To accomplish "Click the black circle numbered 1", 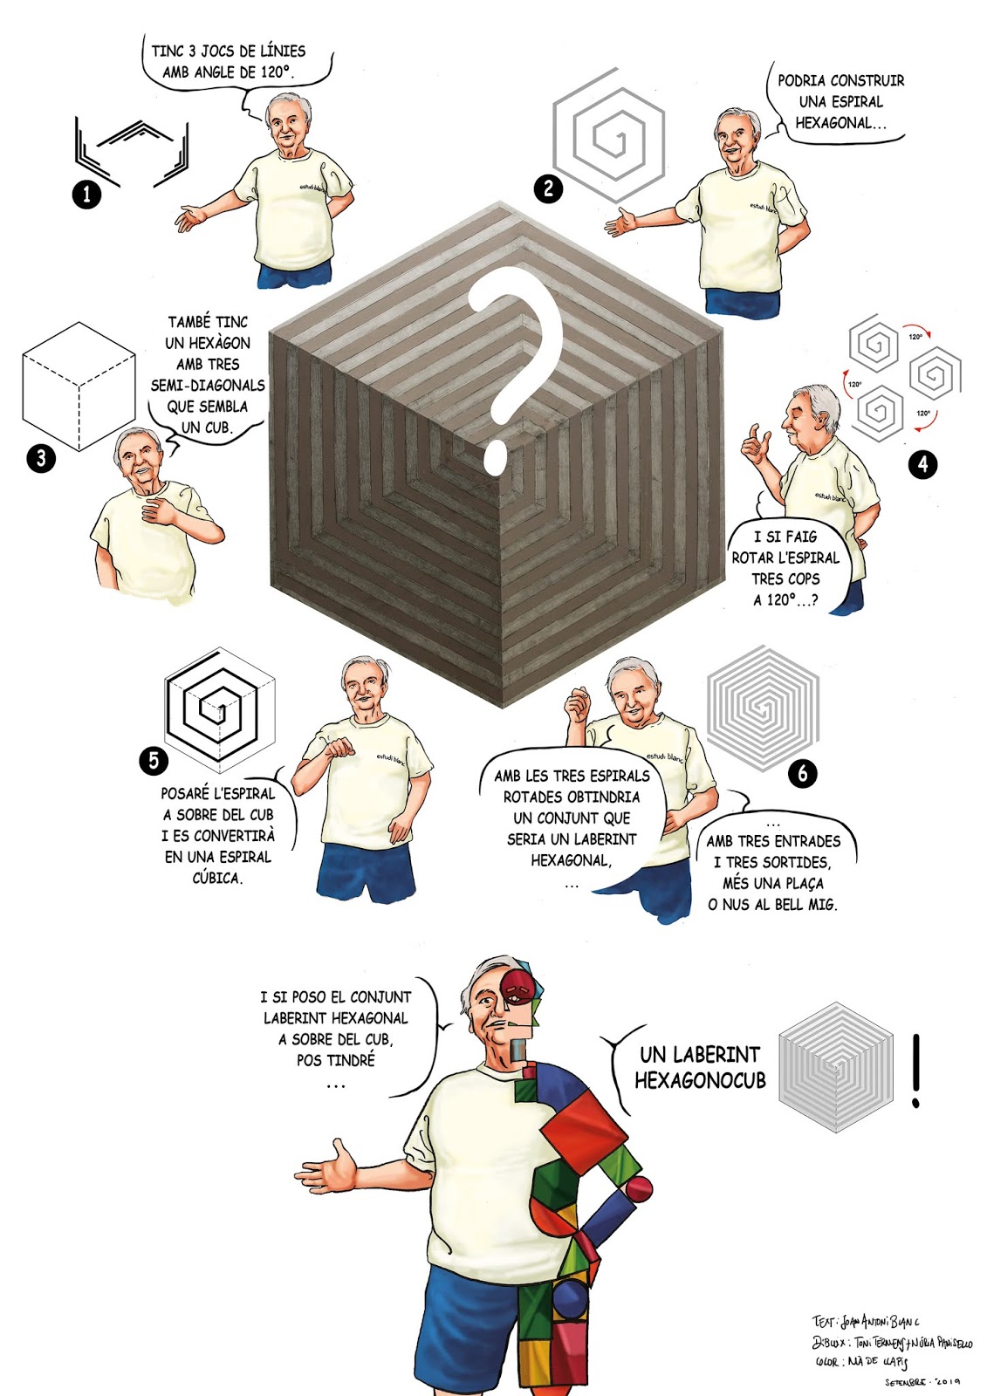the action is (86, 194).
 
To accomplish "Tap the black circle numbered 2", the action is (548, 188).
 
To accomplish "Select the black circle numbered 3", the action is (41, 458).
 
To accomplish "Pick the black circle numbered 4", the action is (923, 463).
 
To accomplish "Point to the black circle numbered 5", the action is (154, 760).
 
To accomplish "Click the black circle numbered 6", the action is (803, 772).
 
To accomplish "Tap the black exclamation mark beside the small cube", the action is (915, 1071).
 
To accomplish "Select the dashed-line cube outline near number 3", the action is (79, 387).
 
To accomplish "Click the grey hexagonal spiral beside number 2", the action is (609, 135).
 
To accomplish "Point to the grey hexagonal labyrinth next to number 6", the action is (763, 708).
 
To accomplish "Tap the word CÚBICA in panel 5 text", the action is (216, 878).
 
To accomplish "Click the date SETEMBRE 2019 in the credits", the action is (922, 1382).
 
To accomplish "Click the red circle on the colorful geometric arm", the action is (639, 1187).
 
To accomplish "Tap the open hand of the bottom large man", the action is (330, 1167).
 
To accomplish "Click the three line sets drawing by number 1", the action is (131, 150).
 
